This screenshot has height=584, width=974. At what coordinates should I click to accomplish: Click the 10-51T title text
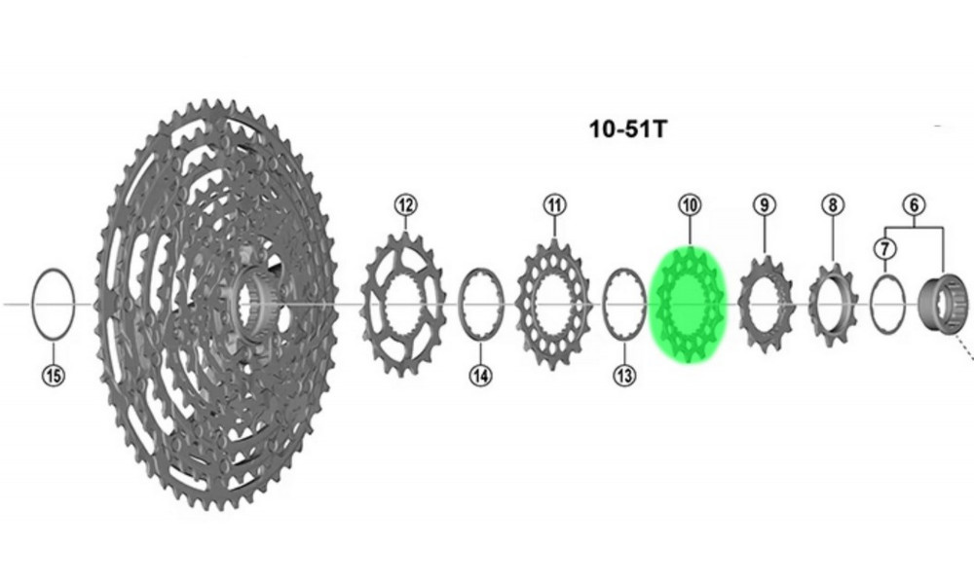pos(628,128)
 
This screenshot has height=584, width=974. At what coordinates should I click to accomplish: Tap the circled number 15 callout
pos(54,374)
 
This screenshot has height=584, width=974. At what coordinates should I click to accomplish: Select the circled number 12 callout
pos(405,204)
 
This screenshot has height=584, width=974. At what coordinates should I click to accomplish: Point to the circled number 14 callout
pos(480,375)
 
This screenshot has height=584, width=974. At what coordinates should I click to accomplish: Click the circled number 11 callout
pos(554,204)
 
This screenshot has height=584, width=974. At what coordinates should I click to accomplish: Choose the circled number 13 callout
pos(625,375)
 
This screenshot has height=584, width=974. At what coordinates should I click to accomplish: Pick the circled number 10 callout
pos(690,204)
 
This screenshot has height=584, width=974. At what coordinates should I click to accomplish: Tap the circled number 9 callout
pos(765,204)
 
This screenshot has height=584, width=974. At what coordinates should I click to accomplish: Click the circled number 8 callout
pos(833,204)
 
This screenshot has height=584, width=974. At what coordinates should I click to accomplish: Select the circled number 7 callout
pos(884,248)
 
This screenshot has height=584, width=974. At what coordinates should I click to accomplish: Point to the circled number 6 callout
pos(914,204)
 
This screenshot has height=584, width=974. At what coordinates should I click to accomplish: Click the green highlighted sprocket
pos(689,306)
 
